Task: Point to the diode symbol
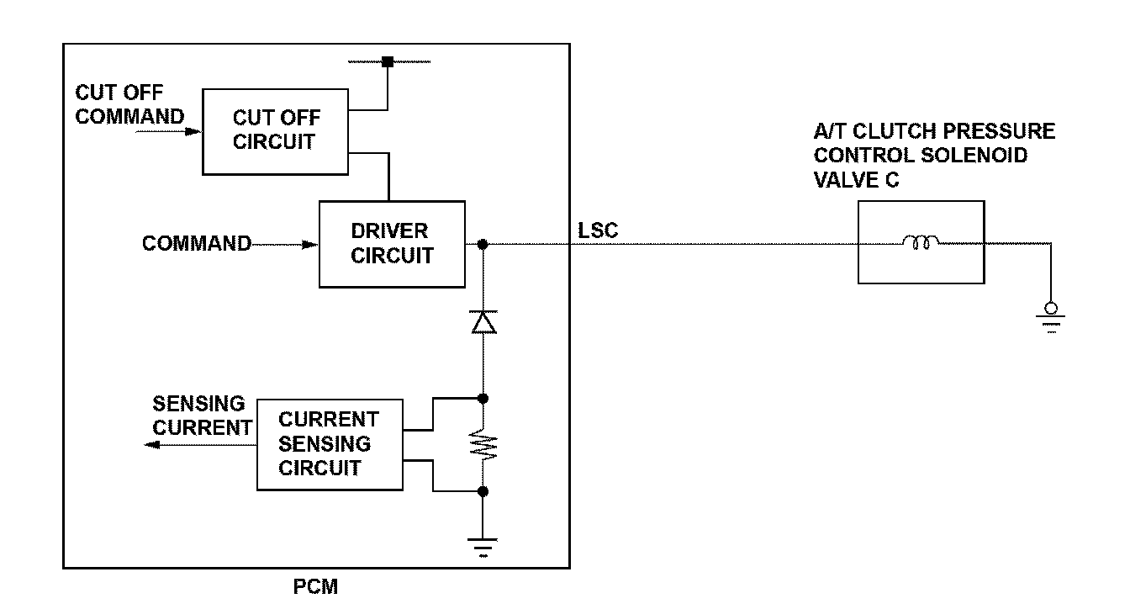(x=483, y=322)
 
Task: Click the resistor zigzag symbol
(x=483, y=444)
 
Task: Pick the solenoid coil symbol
(x=921, y=242)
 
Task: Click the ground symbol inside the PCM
(x=483, y=548)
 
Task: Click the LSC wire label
(x=598, y=230)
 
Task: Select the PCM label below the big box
(x=316, y=586)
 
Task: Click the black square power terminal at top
(x=388, y=61)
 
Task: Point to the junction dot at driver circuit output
(x=483, y=244)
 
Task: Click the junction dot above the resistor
(x=483, y=399)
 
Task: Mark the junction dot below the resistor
(x=483, y=491)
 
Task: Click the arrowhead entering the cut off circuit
(x=193, y=132)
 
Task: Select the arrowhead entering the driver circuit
(x=309, y=245)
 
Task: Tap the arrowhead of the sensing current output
(x=152, y=444)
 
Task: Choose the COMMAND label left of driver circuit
(x=197, y=243)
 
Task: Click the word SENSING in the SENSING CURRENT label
(x=198, y=404)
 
